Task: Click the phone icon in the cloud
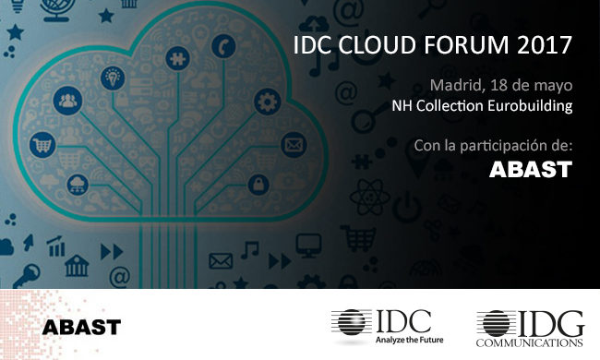click(225, 45)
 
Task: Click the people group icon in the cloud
click(68, 100)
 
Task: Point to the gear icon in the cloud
click(267, 100)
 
